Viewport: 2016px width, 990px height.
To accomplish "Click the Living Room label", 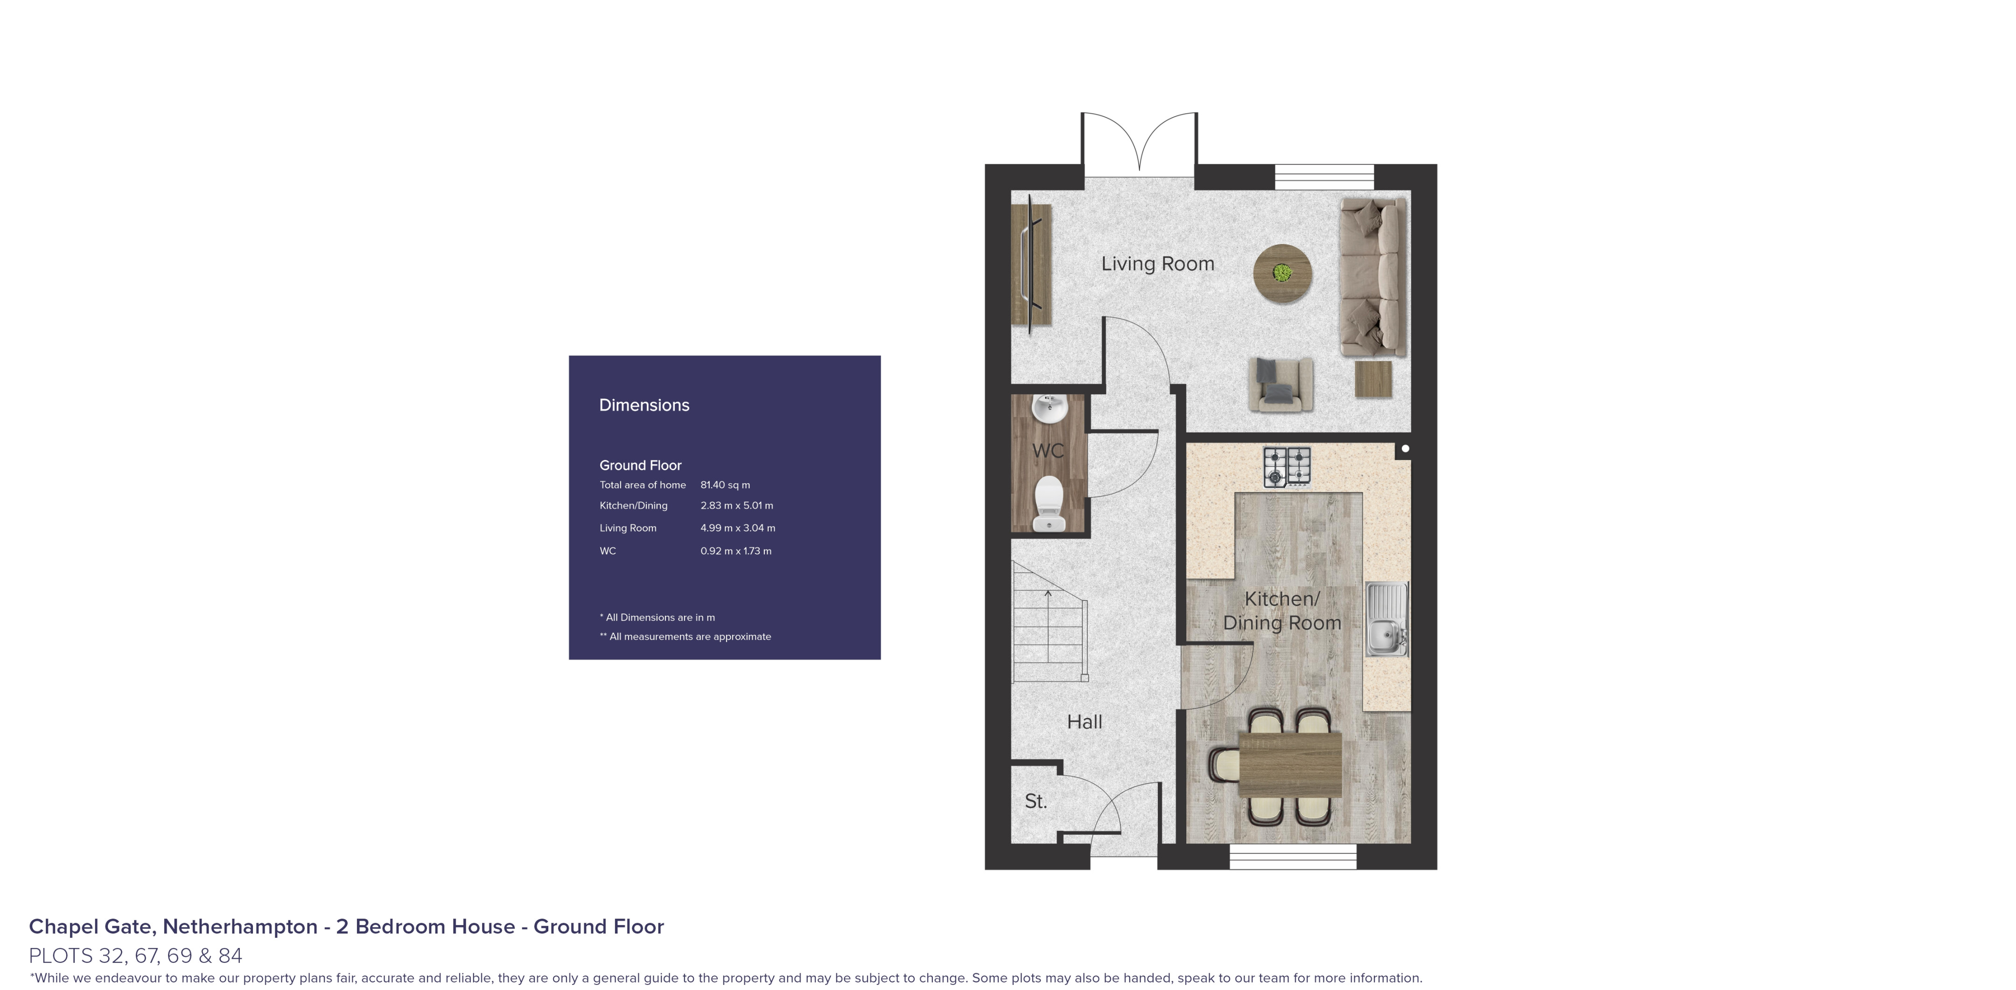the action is (1157, 264).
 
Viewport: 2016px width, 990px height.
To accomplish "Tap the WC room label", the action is (1048, 451).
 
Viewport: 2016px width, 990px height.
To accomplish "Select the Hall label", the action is (1085, 722).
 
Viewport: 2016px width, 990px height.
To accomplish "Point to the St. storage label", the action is (1036, 802).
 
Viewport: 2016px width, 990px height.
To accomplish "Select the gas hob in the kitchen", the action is (1288, 467).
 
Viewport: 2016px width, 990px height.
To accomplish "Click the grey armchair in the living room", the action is (1281, 384).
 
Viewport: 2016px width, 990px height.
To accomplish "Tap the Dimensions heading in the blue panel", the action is (644, 405).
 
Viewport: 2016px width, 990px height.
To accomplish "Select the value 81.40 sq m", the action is (725, 485).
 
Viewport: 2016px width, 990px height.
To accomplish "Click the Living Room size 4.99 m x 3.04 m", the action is (738, 528).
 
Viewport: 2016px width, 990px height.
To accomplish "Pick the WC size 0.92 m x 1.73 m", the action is (735, 551).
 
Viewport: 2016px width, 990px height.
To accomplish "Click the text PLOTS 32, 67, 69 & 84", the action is (135, 955).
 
